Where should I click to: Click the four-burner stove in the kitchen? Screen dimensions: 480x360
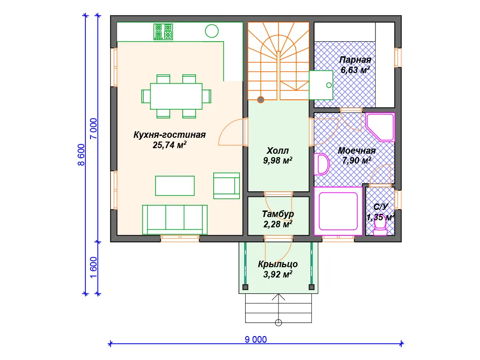[163, 31]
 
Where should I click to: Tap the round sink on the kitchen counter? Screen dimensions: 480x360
[211, 31]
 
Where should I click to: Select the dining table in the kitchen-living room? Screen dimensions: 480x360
[176, 96]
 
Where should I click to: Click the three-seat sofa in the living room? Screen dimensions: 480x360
[175, 220]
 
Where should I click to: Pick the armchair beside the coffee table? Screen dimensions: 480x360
[226, 186]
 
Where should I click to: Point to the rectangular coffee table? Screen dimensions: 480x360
[175, 186]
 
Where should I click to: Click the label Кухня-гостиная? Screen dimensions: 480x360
[170, 135]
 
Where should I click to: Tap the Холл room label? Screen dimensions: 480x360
[277, 150]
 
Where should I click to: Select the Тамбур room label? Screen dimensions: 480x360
[278, 214]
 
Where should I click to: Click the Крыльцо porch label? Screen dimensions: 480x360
[278, 264]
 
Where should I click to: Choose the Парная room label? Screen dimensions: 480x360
[355, 60]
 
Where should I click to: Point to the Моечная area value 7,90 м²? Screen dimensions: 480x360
[357, 160]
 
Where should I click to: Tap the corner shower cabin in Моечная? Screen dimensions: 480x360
[380, 127]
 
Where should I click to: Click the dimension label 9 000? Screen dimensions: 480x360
[255, 339]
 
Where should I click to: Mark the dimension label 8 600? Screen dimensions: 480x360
[81, 155]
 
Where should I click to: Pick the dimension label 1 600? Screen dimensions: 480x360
[93, 267]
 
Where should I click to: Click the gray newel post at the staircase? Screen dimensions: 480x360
[261, 99]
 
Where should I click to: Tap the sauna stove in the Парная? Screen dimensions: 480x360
[321, 85]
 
